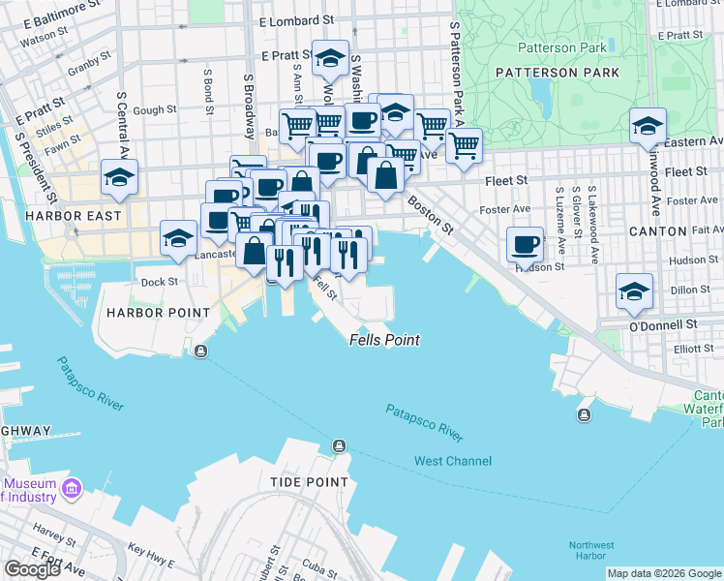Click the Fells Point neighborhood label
[x=376, y=342]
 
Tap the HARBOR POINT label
[x=159, y=313]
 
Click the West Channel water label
[x=452, y=461]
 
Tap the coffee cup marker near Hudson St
[x=525, y=244]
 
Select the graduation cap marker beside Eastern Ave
[x=648, y=126]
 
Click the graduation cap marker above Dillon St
[x=634, y=290]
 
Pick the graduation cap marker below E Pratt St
[x=330, y=59]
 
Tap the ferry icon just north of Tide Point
[x=339, y=446]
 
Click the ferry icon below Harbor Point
[x=200, y=351]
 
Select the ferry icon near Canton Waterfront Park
[x=584, y=415]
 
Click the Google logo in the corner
[x=32, y=569]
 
